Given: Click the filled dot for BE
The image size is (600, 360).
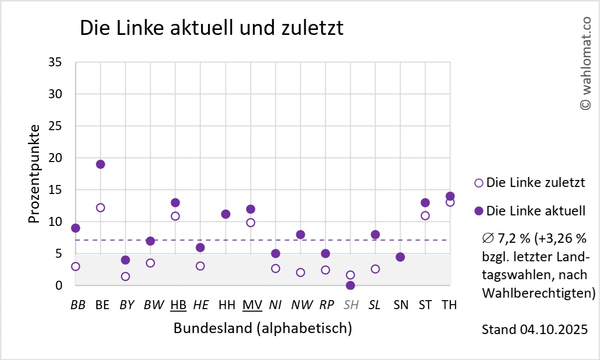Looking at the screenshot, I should (100, 164).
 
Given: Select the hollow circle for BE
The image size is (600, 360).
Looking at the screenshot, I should (100, 207).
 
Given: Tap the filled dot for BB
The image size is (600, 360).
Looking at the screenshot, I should (75, 228).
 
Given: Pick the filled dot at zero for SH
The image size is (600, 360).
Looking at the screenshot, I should (350, 285).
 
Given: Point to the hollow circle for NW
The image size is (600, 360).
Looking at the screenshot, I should (300, 272).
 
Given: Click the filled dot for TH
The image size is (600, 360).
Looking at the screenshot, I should (450, 196).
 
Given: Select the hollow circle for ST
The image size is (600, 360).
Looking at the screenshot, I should (425, 215).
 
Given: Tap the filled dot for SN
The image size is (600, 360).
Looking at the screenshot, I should (400, 257).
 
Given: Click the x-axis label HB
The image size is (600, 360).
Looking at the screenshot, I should (178, 305).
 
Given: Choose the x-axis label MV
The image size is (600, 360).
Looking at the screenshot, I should (252, 305).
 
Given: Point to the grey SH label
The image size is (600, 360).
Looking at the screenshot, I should (351, 305).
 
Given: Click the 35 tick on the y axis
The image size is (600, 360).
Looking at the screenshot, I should (55, 62).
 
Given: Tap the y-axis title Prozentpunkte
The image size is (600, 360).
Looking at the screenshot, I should (33, 174).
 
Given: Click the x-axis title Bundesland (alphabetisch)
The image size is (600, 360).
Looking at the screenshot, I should (263, 329).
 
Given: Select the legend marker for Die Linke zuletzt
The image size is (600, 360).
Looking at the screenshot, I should (479, 182).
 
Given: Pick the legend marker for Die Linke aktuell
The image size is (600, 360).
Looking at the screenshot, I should (479, 211).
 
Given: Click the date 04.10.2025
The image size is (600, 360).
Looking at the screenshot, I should (554, 330).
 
